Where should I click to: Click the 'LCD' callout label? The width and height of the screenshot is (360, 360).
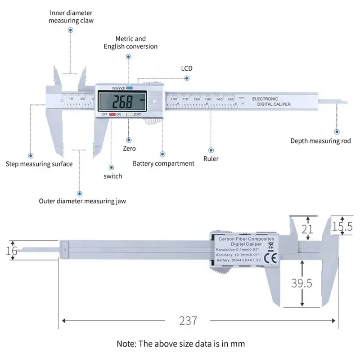tap(187, 68)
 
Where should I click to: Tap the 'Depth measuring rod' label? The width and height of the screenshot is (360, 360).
tap(320, 141)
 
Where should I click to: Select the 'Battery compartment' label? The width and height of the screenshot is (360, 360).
tap(163, 163)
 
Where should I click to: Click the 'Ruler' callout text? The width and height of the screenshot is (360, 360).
tap(211, 158)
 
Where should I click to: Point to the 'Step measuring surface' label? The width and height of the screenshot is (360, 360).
tap(39, 164)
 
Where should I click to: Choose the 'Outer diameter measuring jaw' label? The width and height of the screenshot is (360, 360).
tap(82, 201)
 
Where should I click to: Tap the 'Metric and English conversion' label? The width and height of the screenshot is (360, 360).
tap(130, 43)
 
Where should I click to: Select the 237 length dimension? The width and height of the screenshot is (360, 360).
tap(188, 321)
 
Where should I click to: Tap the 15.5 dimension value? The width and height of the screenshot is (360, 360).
tap(342, 227)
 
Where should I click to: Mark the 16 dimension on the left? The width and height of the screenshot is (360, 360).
tap(12, 251)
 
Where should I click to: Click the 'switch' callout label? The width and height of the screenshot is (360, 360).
tap(112, 176)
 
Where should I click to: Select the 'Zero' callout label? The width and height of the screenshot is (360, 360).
tap(129, 148)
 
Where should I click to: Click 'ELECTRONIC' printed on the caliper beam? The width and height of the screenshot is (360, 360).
tap(265, 99)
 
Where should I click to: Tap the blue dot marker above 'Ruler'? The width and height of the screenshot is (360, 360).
tap(211, 149)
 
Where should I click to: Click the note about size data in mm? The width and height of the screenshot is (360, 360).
tap(180, 344)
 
